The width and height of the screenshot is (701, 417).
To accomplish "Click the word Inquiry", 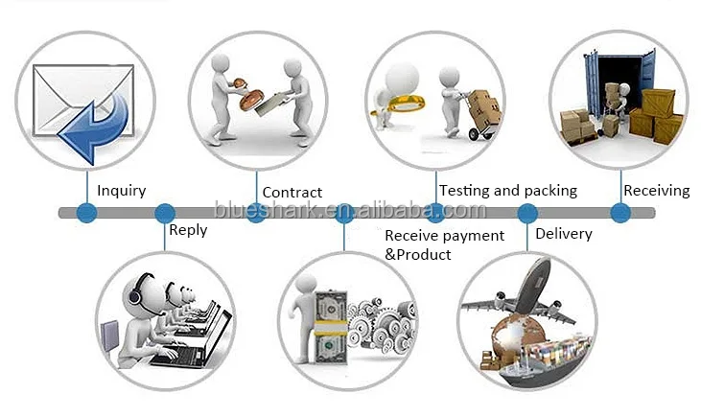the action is point(121,191).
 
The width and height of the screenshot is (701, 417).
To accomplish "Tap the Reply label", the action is point(188,231).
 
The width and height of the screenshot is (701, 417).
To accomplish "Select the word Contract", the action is point(292,193).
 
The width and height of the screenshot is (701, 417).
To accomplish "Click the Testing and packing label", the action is point(508,191).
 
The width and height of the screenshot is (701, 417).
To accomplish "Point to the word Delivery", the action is point(564,234).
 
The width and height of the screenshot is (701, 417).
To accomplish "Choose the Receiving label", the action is point(657,191).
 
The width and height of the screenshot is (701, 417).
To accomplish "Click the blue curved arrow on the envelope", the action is point(94,127).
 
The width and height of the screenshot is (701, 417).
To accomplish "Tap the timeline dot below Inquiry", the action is point(86,212).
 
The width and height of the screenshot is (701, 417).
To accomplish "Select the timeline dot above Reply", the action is point(165,213).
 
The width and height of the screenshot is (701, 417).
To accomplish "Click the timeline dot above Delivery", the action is point(527,213).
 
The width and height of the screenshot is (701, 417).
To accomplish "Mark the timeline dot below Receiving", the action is point(620,212).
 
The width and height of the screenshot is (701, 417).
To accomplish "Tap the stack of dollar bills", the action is point(331,328).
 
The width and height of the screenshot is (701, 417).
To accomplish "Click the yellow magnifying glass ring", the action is point(406,104).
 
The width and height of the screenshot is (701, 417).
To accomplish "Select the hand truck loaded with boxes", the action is point(481,114).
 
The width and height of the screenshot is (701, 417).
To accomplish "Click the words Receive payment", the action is point(444,236).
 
